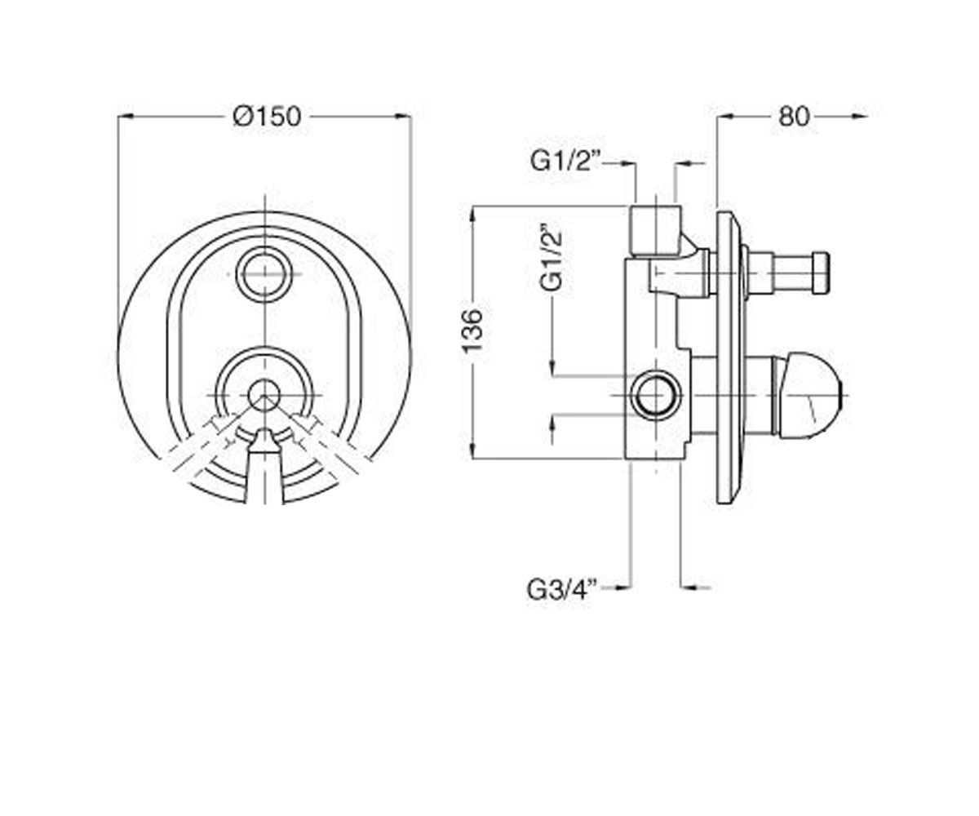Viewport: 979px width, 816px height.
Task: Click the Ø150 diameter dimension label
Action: tap(267, 117)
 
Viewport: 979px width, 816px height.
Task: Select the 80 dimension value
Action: tap(794, 117)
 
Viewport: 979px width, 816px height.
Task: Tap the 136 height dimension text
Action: tap(472, 331)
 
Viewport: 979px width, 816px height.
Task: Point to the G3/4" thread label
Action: tap(563, 589)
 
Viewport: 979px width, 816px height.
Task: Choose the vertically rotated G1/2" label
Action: tap(551, 258)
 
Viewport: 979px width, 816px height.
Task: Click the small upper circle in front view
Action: tap(264, 274)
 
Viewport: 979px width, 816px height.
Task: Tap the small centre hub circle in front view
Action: tap(264, 395)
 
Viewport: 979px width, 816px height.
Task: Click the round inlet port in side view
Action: tap(656, 395)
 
